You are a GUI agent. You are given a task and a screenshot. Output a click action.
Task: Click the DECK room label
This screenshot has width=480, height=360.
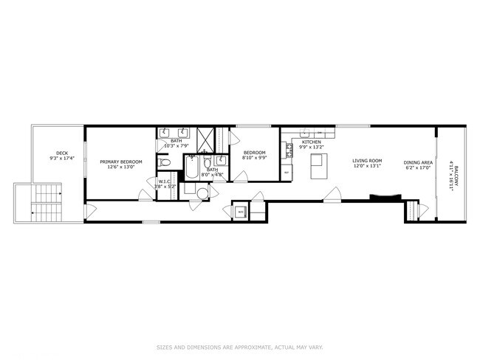57,153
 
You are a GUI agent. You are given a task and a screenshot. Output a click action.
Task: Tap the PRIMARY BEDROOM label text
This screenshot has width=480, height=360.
121,161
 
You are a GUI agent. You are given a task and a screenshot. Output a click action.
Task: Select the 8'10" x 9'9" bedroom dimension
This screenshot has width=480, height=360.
255,157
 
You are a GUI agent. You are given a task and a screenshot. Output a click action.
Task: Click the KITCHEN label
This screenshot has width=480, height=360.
312,142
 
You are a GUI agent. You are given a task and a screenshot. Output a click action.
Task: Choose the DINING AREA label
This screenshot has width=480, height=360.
417,161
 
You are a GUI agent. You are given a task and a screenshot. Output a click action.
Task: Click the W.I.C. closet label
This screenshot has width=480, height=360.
164,181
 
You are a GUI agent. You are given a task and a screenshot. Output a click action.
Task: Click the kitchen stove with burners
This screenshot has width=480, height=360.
289,147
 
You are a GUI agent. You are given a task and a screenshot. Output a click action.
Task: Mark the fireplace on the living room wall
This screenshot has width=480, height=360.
385,197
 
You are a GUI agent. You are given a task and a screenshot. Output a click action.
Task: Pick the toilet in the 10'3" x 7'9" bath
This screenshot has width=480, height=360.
165,162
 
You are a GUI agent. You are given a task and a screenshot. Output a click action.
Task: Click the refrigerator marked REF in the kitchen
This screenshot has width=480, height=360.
287,173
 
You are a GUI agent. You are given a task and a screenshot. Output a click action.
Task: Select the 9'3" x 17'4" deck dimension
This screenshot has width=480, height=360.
57,159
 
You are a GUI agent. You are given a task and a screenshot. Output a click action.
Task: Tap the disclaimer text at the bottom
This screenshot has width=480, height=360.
239,347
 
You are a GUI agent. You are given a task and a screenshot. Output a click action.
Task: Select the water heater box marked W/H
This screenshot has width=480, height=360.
241,212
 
